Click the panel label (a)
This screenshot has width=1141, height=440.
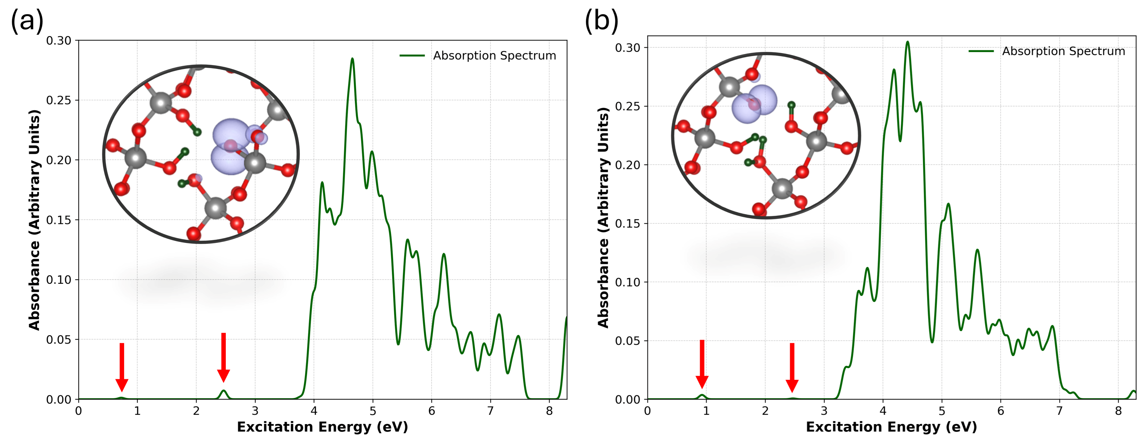26,21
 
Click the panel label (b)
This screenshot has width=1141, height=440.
601,21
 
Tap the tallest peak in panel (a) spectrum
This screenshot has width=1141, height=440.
352,59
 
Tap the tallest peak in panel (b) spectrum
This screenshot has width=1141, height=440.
907,42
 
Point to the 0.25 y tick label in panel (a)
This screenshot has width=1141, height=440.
59,100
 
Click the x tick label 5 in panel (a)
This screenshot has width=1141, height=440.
372,411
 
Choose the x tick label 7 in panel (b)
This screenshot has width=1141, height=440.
1059,411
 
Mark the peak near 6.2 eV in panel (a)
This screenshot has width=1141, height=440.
443,254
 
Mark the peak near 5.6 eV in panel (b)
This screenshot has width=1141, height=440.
977,250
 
